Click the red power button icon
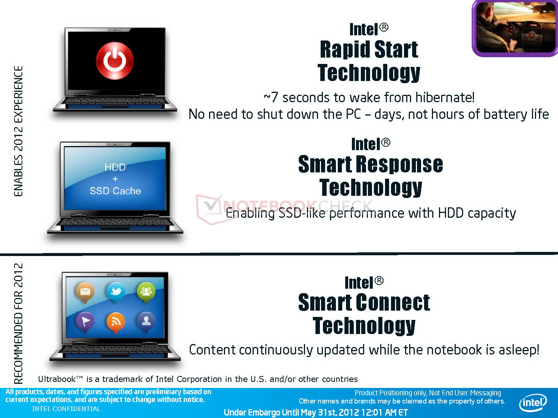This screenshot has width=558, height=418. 115,61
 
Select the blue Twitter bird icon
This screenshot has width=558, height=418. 116,292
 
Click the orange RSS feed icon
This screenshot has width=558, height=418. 116,322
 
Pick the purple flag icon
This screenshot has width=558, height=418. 85,322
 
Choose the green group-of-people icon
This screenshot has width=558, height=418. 146,292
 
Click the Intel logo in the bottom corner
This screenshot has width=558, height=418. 533,402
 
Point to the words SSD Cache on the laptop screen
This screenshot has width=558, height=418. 115,191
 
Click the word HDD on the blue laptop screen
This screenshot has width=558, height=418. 115,167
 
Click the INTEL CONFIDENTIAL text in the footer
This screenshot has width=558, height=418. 66,409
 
